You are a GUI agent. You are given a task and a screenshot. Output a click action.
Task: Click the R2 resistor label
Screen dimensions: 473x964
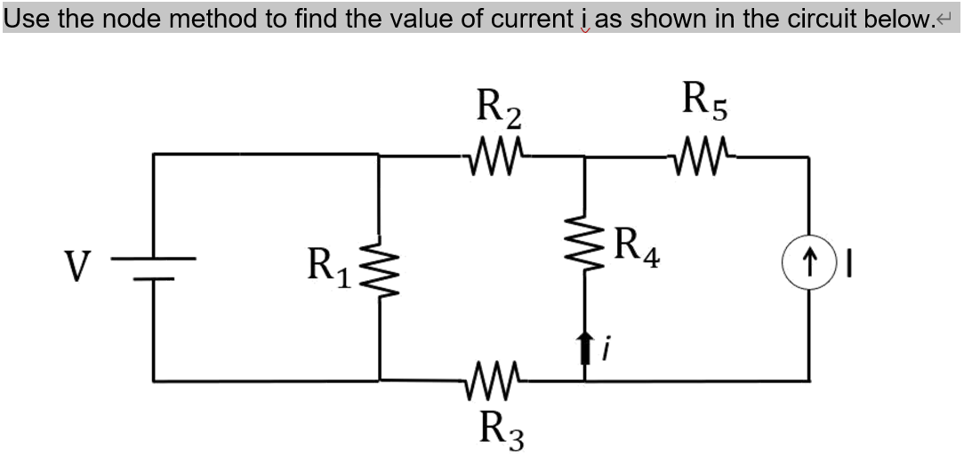500,108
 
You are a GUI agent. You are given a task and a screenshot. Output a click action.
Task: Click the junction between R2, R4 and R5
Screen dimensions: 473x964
583,156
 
